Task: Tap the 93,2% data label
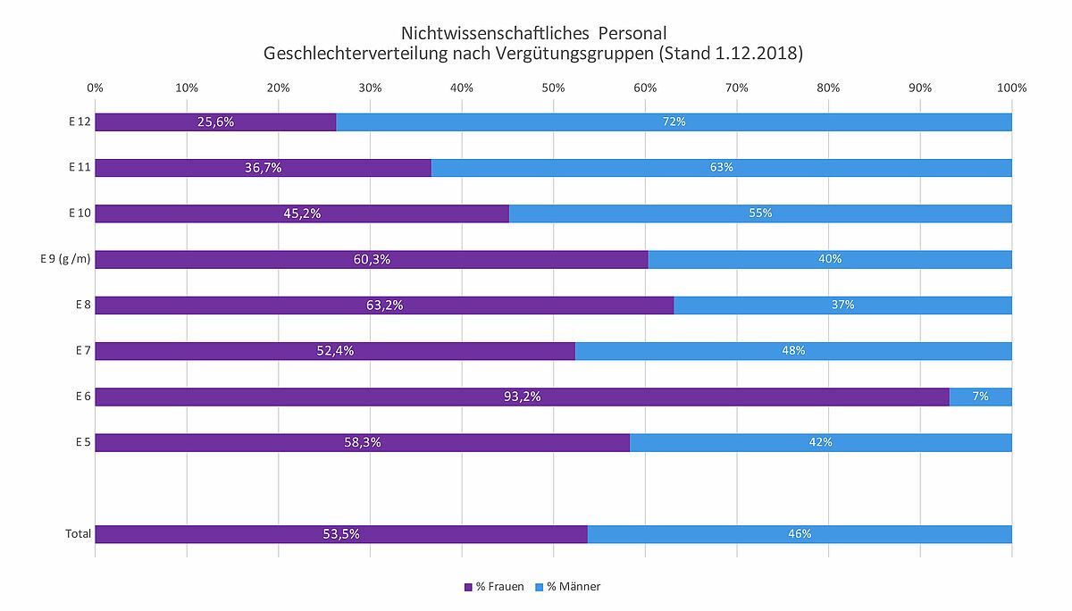[x=522, y=397]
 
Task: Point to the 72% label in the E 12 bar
[x=674, y=121]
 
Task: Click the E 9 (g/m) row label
[x=65, y=259]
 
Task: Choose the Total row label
[x=78, y=534]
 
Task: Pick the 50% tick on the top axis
[x=553, y=88]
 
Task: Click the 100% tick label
[x=1011, y=88]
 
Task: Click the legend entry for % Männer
[x=567, y=587]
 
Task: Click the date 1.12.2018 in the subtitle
[x=758, y=54]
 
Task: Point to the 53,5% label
[x=341, y=534]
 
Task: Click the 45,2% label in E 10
[x=302, y=213]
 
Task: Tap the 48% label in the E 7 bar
[x=793, y=351]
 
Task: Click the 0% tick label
[x=95, y=88]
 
